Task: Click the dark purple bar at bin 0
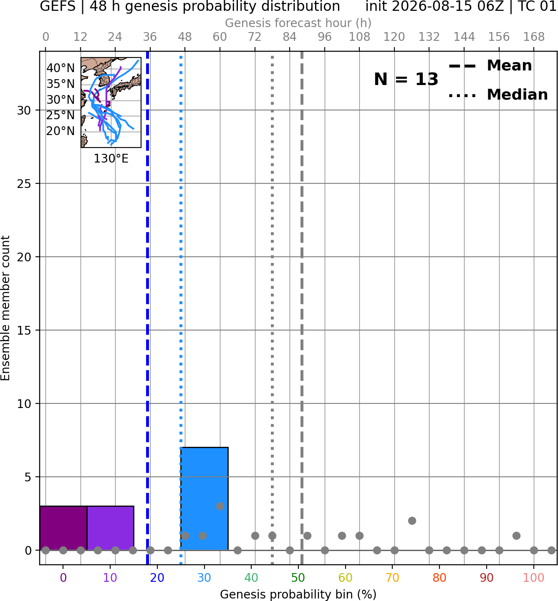(x=63, y=528)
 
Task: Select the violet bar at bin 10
(x=110, y=528)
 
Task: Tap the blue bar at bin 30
(x=205, y=499)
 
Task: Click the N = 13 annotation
(x=406, y=79)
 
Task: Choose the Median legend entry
(x=498, y=95)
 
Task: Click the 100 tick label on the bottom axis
(x=533, y=578)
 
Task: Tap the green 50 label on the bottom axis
(x=298, y=578)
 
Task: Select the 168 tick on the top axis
(x=534, y=37)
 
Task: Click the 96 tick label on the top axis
(x=325, y=37)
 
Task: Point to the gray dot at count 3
(x=220, y=506)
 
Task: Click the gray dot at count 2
(x=412, y=521)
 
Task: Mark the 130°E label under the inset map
(x=111, y=158)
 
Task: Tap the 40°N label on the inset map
(x=61, y=68)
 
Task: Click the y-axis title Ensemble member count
(x=5, y=308)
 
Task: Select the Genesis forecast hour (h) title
(x=298, y=23)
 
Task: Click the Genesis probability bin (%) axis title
(x=298, y=594)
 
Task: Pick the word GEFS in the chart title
(x=58, y=6)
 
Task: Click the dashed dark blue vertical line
(x=148, y=308)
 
